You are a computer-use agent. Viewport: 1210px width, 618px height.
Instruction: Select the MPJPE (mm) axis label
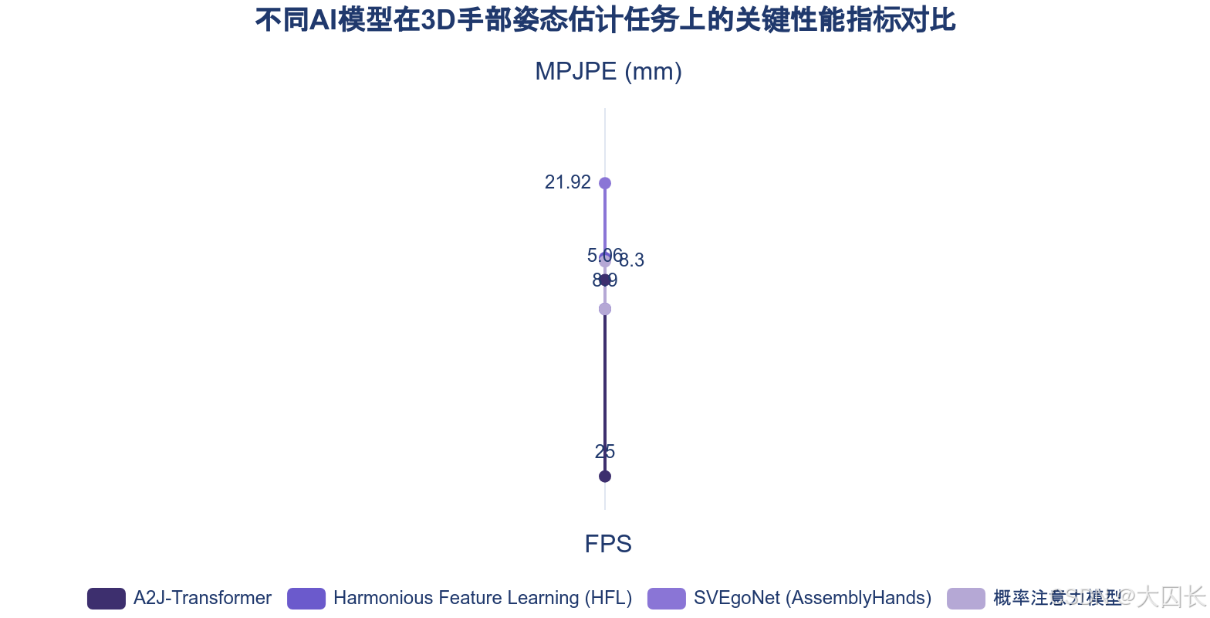[608, 72]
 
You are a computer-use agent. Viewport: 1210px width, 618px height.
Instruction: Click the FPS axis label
[608, 544]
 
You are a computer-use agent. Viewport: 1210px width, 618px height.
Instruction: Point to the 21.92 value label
[567, 182]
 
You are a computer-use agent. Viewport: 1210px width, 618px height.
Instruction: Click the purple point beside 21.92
[605, 183]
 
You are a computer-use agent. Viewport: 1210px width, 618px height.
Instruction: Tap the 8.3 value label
[632, 261]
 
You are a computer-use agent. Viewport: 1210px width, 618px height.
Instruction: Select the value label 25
[605, 452]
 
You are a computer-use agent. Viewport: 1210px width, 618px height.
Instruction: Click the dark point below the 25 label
[605, 476]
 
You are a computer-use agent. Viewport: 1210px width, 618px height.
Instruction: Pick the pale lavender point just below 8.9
[605, 309]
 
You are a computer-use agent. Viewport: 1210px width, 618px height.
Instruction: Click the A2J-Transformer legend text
[202, 598]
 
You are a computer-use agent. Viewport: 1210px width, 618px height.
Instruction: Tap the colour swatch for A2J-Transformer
[106, 599]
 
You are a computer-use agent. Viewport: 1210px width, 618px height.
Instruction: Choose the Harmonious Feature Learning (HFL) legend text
[482, 598]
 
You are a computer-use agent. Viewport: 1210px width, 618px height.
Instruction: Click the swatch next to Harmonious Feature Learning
[306, 599]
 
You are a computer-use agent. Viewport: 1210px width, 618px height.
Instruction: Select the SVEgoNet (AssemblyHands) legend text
[812, 598]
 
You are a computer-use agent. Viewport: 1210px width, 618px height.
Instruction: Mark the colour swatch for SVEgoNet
[666, 599]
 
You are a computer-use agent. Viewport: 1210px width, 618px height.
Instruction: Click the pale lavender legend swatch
[966, 599]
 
